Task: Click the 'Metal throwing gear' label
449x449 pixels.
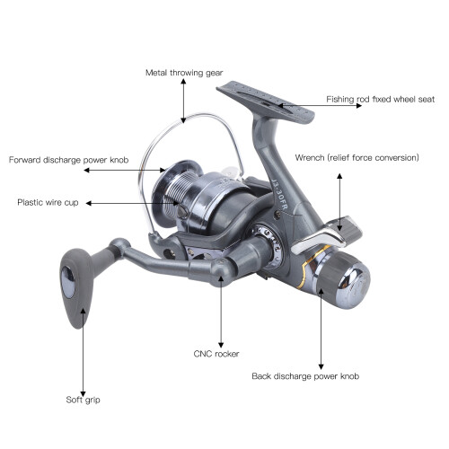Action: pyautogui.click(x=184, y=73)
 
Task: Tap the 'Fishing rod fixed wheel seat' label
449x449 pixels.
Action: pyautogui.click(x=380, y=99)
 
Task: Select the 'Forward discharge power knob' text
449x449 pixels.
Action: pyautogui.click(x=68, y=160)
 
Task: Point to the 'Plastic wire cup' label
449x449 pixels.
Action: pyautogui.click(x=48, y=202)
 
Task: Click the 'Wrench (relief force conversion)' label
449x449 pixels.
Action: pyautogui.click(x=357, y=158)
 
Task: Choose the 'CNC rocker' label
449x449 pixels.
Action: pyautogui.click(x=216, y=354)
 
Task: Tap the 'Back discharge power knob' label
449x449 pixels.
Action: pyautogui.click(x=305, y=376)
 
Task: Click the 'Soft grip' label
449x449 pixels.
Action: pyautogui.click(x=83, y=400)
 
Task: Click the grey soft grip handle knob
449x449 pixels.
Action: pyautogui.click(x=76, y=287)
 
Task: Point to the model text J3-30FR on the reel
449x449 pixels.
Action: pyautogui.click(x=279, y=195)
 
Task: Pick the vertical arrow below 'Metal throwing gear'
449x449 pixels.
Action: pyautogui.click(x=183, y=101)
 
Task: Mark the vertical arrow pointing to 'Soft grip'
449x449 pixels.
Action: pyautogui.click(x=84, y=352)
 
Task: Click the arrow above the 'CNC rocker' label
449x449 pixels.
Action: pyautogui.click(x=221, y=312)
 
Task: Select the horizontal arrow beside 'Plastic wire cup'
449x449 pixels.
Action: pyautogui.click(x=132, y=204)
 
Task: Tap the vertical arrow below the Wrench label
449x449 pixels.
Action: pyautogui.click(x=339, y=202)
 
